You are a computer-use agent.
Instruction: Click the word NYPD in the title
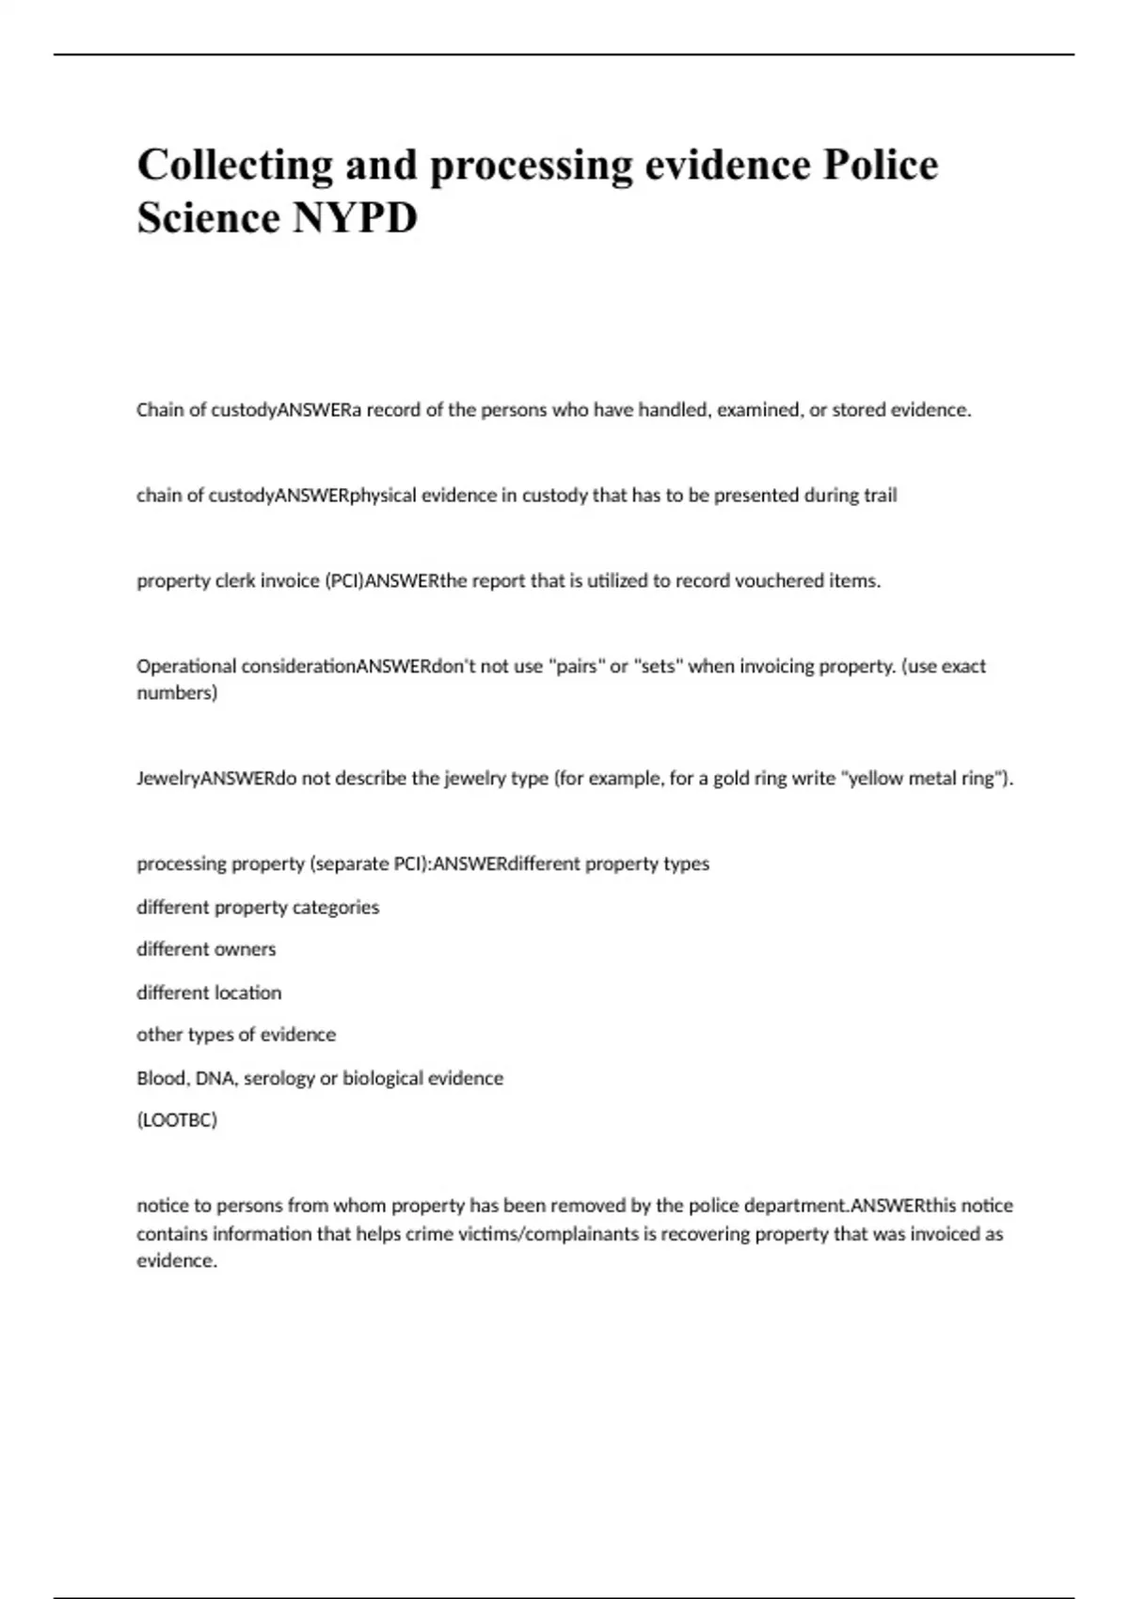point(356,218)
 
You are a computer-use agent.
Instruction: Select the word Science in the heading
point(208,218)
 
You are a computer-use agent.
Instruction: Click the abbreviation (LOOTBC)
point(177,1120)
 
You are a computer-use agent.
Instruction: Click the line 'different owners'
point(206,949)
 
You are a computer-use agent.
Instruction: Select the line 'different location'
point(209,992)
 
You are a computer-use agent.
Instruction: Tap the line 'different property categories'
point(258,907)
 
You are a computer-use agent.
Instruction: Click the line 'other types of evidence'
point(236,1035)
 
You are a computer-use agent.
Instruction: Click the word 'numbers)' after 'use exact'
point(177,693)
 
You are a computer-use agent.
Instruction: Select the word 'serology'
point(278,1078)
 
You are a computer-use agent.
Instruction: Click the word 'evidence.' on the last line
point(177,1260)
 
